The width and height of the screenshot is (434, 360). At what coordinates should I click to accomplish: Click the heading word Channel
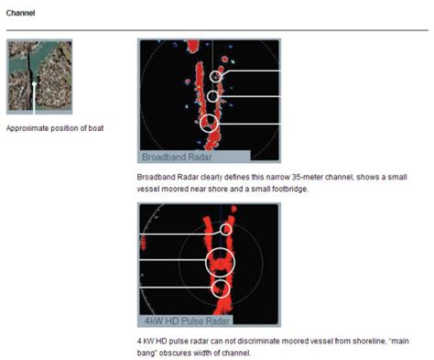[21, 14]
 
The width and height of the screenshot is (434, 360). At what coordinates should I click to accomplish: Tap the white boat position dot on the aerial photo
[34, 84]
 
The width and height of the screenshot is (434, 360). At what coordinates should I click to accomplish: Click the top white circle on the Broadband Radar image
[217, 77]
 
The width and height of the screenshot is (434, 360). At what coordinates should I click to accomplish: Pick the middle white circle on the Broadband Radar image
[212, 96]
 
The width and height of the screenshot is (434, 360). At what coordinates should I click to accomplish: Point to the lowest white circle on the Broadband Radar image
[210, 123]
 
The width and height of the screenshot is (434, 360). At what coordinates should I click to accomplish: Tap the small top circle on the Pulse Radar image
[227, 228]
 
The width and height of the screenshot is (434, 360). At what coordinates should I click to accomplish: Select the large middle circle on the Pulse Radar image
[220, 262]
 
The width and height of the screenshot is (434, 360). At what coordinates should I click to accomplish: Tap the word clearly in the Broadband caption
[199, 173]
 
